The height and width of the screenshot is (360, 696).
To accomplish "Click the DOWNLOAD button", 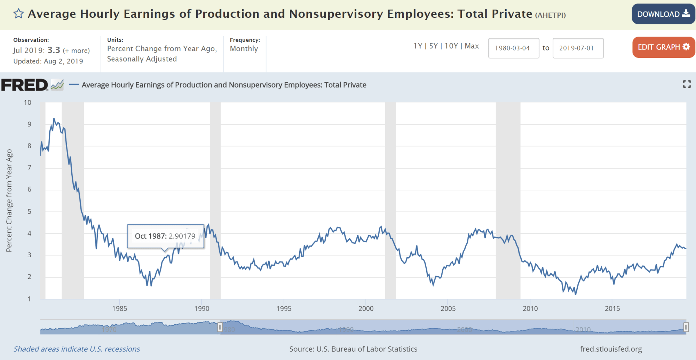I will click(x=663, y=14).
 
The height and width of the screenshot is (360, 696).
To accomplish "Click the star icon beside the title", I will click(x=18, y=14).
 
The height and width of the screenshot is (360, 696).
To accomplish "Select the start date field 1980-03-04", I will click(x=513, y=48).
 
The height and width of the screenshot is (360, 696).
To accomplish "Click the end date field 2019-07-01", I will click(x=578, y=48).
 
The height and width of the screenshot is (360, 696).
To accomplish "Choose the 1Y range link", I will click(x=418, y=46).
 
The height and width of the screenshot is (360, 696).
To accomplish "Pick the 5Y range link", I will click(x=433, y=46).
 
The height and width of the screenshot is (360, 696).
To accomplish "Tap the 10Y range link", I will click(x=451, y=46).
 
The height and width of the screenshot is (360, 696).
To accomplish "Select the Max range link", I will click(x=472, y=46).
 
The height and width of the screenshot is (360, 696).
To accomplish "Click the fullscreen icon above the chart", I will click(x=687, y=84).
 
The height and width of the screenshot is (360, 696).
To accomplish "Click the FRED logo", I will click(x=24, y=85).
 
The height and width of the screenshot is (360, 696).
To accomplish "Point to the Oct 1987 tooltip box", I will click(x=165, y=236).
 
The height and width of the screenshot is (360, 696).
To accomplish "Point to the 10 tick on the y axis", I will click(x=27, y=102).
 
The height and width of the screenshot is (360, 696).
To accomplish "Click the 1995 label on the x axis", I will click(x=284, y=308).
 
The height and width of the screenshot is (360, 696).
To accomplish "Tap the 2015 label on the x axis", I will click(x=612, y=308).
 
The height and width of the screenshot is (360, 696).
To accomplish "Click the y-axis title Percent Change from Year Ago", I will click(x=9, y=201).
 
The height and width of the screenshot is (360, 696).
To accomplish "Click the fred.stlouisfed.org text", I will click(x=611, y=349).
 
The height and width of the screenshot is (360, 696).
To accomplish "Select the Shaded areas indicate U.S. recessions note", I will click(x=77, y=349).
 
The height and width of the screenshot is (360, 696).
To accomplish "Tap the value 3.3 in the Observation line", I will click(x=54, y=50).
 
